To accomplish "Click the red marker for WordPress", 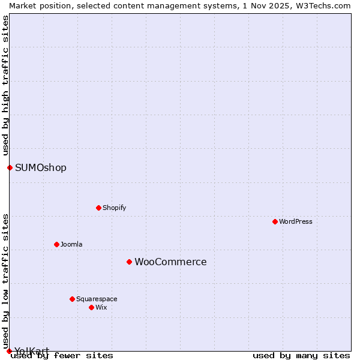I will tap(275, 221).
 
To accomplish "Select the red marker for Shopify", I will tap(98, 208).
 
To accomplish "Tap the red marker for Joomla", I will tap(56, 244).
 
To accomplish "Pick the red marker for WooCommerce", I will tap(129, 262).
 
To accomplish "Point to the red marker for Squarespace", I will tap(72, 299).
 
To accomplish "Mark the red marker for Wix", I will tap(91, 307).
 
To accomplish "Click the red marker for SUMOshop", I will tap(10, 167).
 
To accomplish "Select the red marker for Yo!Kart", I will tap(9, 351).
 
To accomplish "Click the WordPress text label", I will tap(296, 221).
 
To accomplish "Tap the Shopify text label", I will tap(114, 208).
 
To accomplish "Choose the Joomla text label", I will tap(71, 244).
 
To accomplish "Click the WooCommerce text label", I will tap(170, 262).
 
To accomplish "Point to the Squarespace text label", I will tap(97, 299).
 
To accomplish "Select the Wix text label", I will tap(101, 307).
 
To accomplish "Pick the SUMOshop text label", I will tap(41, 167).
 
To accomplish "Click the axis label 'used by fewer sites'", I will tap(62, 356).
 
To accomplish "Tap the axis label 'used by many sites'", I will tap(301, 356).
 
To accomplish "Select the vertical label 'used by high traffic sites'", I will tap(6, 85).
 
